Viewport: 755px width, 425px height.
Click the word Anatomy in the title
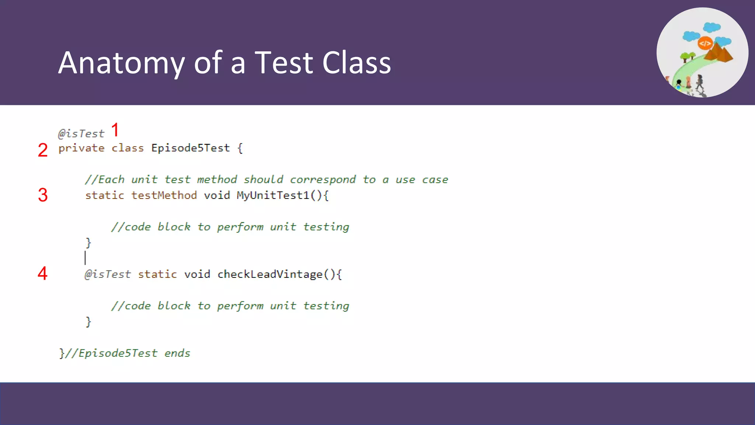coord(121,63)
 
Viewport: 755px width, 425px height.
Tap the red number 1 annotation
coord(115,130)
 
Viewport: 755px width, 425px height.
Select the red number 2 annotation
coord(43,150)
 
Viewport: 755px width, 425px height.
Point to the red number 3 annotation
coord(43,195)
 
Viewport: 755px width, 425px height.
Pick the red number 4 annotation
coord(43,273)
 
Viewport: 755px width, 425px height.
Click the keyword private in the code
coord(81,148)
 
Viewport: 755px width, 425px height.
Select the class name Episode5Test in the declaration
coord(190,148)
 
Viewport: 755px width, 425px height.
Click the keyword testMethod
coord(164,195)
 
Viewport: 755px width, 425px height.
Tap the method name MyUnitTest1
coord(273,195)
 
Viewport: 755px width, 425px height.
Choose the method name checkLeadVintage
coord(270,274)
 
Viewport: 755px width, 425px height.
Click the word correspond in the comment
coord(323,180)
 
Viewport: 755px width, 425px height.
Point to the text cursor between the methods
coord(85,258)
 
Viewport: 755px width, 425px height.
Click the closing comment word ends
coord(177,353)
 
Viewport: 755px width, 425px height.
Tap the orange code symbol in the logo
coord(705,44)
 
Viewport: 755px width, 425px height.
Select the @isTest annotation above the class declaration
coord(81,134)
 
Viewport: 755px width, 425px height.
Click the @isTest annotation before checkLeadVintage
coord(108,274)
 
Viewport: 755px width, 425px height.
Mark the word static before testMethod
coord(105,195)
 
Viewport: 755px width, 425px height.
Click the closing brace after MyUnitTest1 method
coord(88,242)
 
